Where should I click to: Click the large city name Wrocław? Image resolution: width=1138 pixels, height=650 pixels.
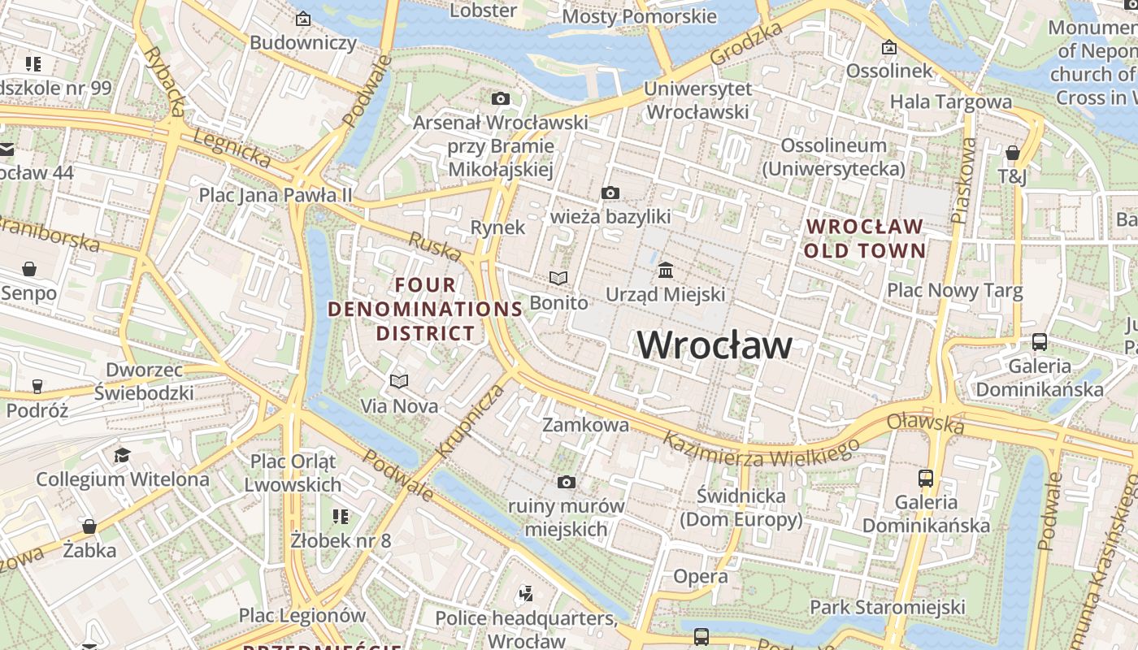[x=714, y=345]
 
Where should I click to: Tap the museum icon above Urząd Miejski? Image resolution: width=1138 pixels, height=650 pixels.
[x=666, y=270]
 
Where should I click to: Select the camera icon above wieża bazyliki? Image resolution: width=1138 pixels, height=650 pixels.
[x=610, y=193]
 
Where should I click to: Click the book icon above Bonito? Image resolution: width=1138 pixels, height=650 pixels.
[x=558, y=279]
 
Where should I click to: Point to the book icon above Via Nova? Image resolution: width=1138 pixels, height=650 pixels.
[x=398, y=381]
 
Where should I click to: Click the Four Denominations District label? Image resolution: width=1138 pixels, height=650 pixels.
[x=425, y=309]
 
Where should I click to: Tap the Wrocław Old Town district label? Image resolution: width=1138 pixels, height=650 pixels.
[x=864, y=238]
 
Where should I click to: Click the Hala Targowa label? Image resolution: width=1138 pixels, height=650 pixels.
[x=950, y=102]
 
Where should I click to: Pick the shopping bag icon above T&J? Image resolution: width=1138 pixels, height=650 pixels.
[x=1012, y=153]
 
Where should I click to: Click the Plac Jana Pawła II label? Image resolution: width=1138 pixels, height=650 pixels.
[x=276, y=195]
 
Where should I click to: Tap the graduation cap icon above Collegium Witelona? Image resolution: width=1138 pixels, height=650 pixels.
[x=122, y=455]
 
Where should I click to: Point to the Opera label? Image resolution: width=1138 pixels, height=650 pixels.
[x=700, y=577]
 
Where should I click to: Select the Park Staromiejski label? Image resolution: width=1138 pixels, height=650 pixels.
[x=887, y=607]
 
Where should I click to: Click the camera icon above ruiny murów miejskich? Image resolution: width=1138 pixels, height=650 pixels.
[x=567, y=483]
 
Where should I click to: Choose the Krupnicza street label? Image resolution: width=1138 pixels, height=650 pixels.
[x=471, y=421]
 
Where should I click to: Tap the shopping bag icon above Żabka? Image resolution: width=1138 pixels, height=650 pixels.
[x=89, y=526]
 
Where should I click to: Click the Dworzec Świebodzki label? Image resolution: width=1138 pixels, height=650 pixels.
[x=143, y=382]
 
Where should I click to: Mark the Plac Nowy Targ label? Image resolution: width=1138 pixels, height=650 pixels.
[x=954, y=290]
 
